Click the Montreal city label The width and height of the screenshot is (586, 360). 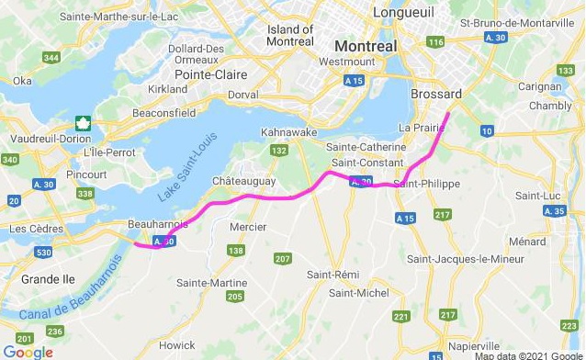point(366,46)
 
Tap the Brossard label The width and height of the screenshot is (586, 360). point(437,95)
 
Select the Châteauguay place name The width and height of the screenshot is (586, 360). point(244,181)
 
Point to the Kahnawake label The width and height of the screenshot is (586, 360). point(288,131)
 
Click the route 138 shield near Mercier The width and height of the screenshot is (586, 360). point(236,250)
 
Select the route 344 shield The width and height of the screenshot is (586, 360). point(51,58)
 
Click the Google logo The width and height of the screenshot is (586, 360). point(28,352)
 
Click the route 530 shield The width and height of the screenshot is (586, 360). point(43,251)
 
